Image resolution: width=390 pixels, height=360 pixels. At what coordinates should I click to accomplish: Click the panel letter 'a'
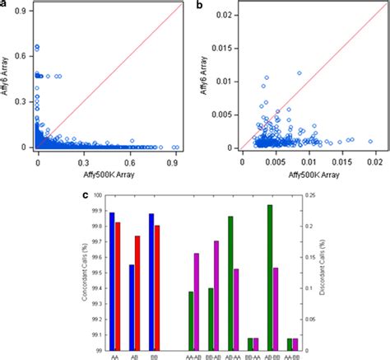4,4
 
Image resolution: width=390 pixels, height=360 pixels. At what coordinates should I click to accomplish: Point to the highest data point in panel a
37,46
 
